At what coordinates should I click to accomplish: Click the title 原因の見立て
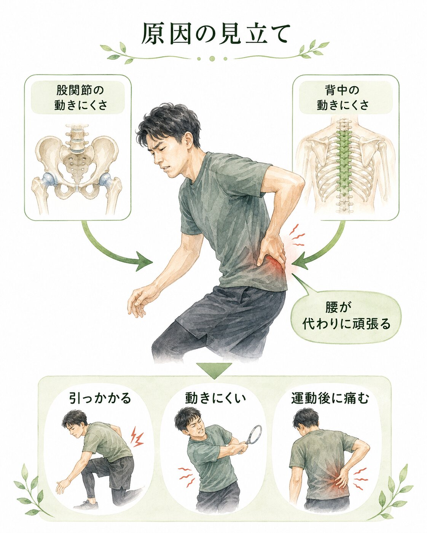point(216,34)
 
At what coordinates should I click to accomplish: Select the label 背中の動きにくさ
point(343,98)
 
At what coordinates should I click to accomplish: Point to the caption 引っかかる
point(100,398)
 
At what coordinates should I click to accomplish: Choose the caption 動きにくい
point(215,398)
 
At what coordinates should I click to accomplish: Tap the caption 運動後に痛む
point(330,398)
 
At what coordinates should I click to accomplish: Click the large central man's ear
point(188,142)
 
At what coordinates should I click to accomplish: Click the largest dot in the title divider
point(212,59)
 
